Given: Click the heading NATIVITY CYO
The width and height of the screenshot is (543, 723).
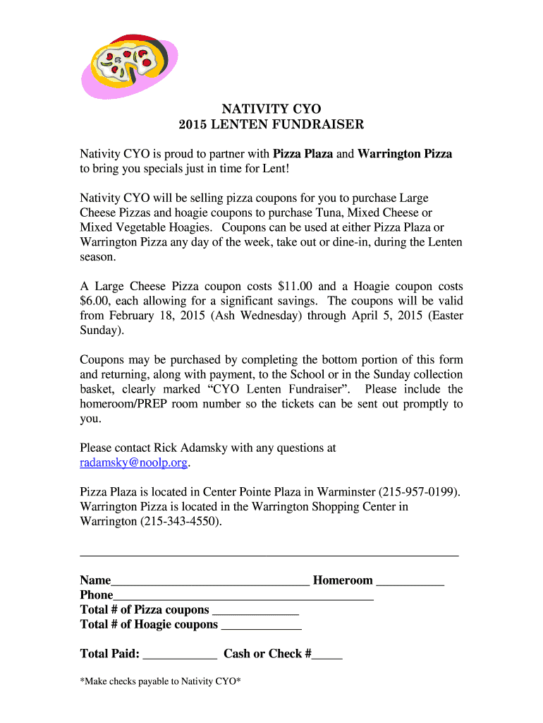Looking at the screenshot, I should point(271,109).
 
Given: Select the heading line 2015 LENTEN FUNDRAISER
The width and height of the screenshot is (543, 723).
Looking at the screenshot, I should point(271,125).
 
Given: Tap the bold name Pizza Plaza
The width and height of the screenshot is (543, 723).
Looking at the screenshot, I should point(303,154).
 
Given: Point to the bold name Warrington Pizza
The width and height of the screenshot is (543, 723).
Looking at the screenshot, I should point(405,154).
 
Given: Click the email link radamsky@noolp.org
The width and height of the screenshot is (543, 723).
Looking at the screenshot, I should point(134,463).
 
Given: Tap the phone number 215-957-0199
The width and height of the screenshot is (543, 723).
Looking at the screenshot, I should point(422,491).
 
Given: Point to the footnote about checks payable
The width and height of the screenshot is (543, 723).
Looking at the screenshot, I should point(161,681).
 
